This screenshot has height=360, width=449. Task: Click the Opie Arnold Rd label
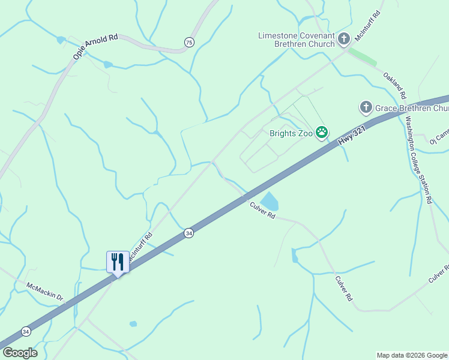(95, 47)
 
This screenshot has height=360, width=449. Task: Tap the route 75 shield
(189, 42)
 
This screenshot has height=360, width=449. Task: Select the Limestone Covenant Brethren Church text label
(297, 40)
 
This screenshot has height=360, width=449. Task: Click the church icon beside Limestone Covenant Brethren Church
(344, 40)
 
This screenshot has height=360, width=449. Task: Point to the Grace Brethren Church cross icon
(366, 108)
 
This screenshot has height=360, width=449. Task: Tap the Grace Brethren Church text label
(412, 109)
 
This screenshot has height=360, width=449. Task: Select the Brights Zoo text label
(291, 133)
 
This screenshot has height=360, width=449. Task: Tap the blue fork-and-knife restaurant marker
(118, 262)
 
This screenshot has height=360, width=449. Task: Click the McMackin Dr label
(45, 290)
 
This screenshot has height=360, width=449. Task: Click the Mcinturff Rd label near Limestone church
(368, 25)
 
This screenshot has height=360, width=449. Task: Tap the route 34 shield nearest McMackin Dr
(26, 331)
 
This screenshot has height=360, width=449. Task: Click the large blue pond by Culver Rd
(270, 201)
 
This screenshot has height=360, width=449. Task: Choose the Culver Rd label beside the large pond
(262, 211)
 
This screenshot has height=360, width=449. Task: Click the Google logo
(19, 352)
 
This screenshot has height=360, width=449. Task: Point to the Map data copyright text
(412, 355)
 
